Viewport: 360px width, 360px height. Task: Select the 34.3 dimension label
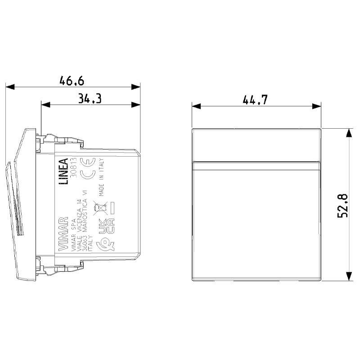coord(89,99)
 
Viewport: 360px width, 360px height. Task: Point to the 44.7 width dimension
coord(255,100)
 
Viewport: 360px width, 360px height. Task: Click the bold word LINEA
coord(63,171)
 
